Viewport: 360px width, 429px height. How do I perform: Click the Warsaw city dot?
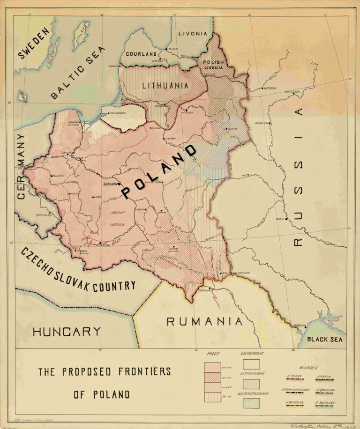(x=120, y=184)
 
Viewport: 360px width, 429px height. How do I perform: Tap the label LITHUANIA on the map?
(x=165, y=86)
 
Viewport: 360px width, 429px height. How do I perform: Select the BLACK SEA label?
(x=323, y=340)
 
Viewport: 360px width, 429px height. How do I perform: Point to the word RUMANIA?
(x=205, y=322)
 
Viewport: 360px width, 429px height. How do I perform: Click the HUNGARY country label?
(x=67, y=332)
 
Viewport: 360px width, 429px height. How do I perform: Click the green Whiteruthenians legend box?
(x=251, y=403)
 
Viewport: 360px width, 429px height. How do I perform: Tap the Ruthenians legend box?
(x=251, y=364)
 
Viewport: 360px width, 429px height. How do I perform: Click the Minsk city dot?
(x=225, y=129)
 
